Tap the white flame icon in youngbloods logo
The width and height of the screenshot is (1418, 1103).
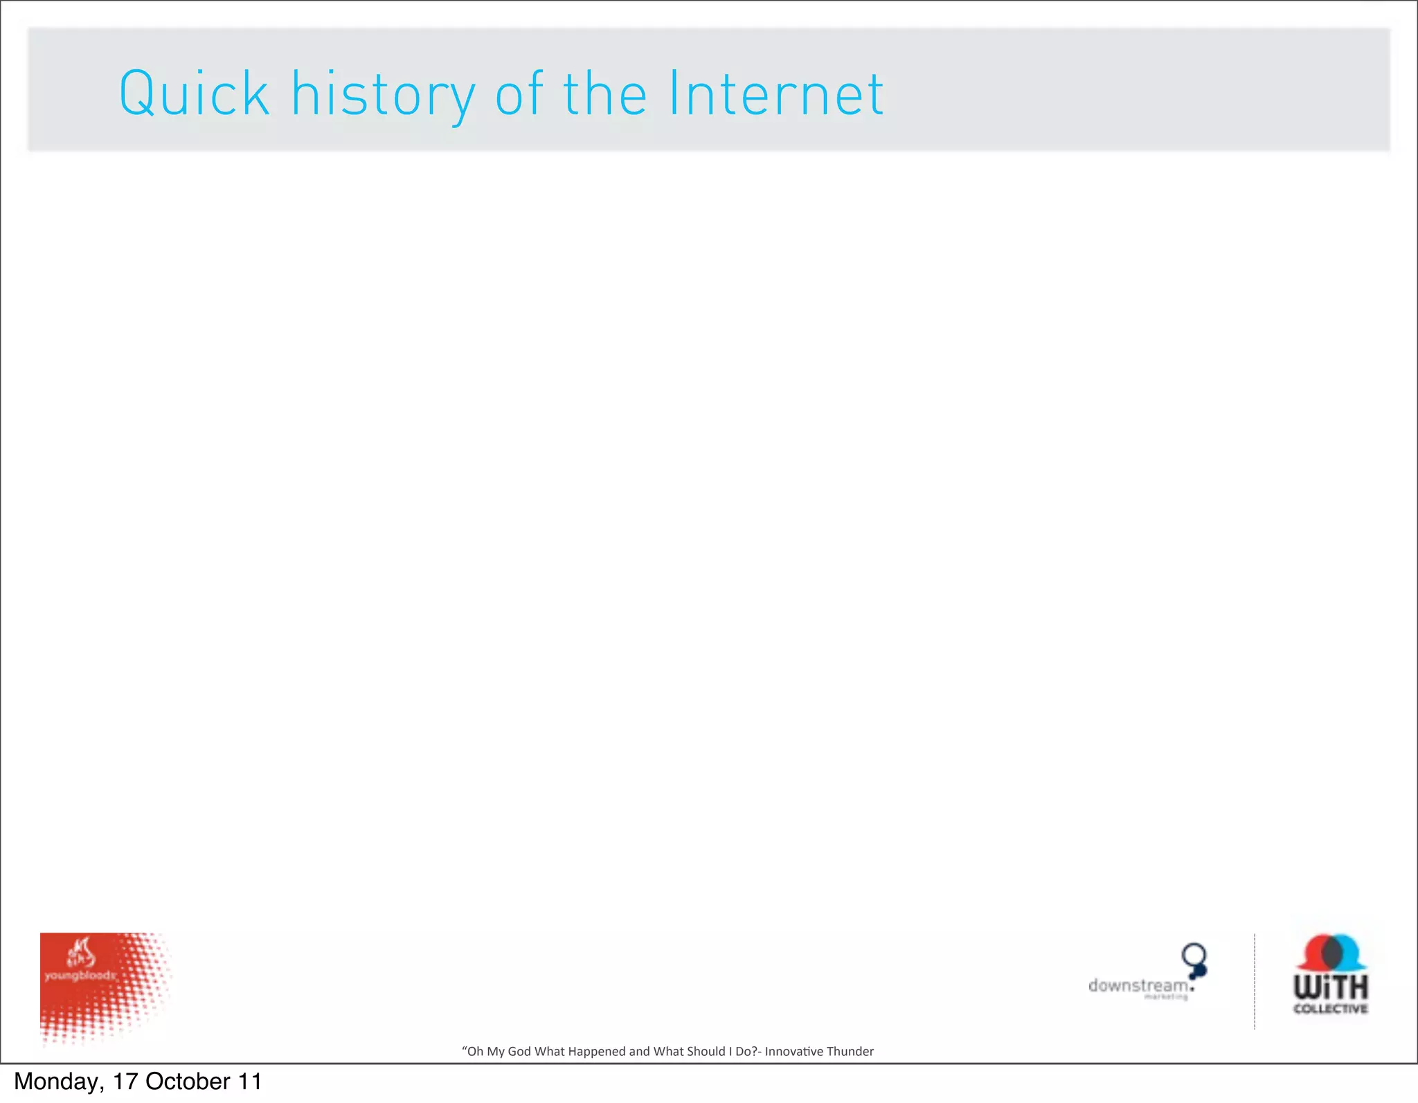[x=79, y=952]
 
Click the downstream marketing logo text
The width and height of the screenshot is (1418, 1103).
[x=1138, y=986]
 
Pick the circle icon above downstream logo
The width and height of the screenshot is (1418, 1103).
[x=1194, y=956]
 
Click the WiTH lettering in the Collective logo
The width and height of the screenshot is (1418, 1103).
[x=1330, y=986]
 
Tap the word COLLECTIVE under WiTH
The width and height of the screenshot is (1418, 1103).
[x=1330, y=1009]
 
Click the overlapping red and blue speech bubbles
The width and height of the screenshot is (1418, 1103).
[x=1331, y=953]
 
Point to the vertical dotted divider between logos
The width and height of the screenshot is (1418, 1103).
[x=1255, y=982]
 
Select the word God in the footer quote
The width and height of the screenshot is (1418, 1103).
[x=519, y=1051]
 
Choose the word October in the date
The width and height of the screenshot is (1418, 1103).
[x=188, y=1082]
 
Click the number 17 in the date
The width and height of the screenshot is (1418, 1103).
[x=125, y=1082]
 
